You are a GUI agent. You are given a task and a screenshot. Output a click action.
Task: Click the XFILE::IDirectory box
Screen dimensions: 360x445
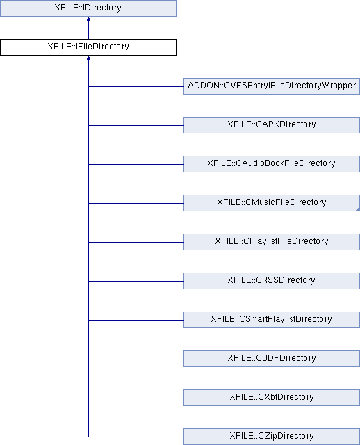pyautogui.click(x=88, y=8)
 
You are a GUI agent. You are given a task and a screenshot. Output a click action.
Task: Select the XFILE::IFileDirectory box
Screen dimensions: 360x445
pyautogui.click(x=88, y=47)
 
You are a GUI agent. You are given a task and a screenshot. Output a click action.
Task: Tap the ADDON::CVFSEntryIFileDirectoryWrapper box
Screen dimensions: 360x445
pyautogui.click(x=272, y=86)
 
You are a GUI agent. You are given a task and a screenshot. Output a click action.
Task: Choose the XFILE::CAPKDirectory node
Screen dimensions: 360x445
pyautogui.click(x=272, y=125)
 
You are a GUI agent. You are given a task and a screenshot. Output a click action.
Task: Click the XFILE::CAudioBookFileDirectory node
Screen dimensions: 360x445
pyautogui.click(x=272, y=164)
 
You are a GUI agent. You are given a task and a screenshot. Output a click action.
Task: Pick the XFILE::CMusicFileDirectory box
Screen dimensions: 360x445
pyautogui.click(x=272, y=203)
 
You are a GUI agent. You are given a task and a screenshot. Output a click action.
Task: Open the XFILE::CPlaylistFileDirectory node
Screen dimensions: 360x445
pyautogui.click(x=272, y=242)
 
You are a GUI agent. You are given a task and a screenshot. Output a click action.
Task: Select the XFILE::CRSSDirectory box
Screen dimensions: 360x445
pyautogui.click(x=272, y=281)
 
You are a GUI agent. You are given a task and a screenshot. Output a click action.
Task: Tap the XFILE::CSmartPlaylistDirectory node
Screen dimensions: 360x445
pyautogui.click(x=272, y=320)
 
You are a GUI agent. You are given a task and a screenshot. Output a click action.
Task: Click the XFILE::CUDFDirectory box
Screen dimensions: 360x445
pyautogui.click(x=272, y=359)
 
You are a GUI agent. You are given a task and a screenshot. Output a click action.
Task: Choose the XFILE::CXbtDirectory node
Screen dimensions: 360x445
pyautogui.click(x=272, y=397)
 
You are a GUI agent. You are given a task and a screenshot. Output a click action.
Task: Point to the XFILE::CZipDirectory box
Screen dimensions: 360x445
pyautogui.click(x=272, y=437)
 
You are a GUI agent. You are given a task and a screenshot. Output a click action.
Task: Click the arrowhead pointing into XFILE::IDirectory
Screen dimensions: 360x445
pyautogui.click(x=88, y=19)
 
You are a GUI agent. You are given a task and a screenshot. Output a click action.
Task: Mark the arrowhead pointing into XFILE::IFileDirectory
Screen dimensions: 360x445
pyautogui.click(x=88, y=58)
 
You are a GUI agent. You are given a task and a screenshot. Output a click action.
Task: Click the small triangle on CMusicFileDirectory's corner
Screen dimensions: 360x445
pyautogui.click(x=358, y=209)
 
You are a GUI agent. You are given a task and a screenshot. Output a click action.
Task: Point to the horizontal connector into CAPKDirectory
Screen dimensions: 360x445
pyautogui.click(x=136, y=125)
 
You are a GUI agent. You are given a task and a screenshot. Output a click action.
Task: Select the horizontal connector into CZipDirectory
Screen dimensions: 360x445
pyautogui.click(x=136, y=437)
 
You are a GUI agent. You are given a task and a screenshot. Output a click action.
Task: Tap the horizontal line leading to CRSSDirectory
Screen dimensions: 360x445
pyautogui.click(x=136, y=281)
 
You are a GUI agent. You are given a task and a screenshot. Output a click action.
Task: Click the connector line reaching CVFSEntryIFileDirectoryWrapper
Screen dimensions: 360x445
pyautogui.click(x=136, y=86)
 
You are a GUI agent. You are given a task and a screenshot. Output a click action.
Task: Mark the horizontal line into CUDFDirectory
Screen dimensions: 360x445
pyautogui.click(x=136, y=359)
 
